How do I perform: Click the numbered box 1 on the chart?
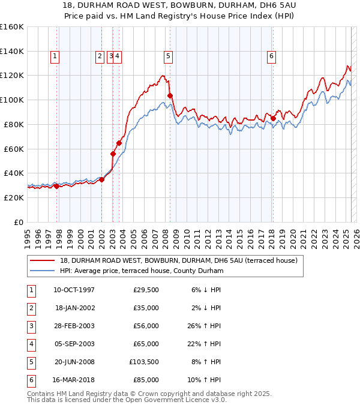tap(55, 57)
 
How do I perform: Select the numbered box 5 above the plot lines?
tap(168, 57)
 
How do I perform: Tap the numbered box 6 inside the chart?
tap(271, 57)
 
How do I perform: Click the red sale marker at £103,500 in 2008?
tap(170, 96)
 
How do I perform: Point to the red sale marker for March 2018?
tap(273, 119)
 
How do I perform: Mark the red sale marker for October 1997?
tap(56, 187)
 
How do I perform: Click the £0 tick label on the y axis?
tap(19, 223)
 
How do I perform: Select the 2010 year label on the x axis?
tap(187, 239)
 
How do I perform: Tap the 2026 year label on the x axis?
tap(356, 239)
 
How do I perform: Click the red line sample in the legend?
tap(43, 260)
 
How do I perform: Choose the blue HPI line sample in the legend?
tap(43, 271)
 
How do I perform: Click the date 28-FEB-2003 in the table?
tap(74, 326)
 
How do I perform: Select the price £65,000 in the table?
tap(146, 344)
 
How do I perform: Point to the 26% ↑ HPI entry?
tap(204, 326)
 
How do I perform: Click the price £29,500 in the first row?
tap(146, 290)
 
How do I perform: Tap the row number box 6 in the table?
tap(31, 380)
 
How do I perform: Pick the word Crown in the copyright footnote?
tap(146, 394)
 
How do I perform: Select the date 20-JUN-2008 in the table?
tap(74, 362)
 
